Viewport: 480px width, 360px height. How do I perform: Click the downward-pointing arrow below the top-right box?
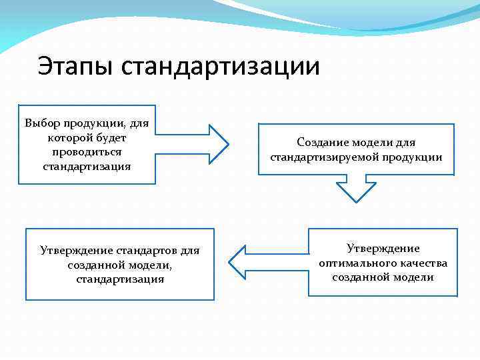tap(356, 189)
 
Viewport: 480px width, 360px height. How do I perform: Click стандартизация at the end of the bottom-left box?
tap(120, 279)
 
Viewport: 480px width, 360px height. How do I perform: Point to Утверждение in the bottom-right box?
tap(383, 249)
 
